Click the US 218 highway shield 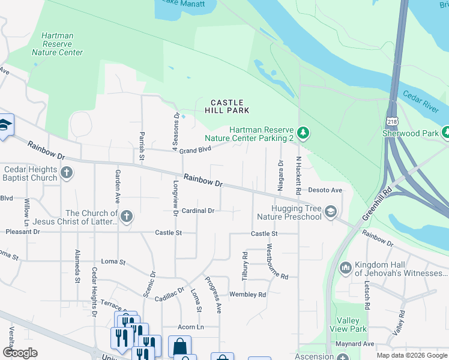[x=392, y=121]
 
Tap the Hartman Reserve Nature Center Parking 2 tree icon [x=304, y=132]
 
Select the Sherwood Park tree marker [x=446, y=131]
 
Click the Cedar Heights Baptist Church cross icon [x=66, y=173]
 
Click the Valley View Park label [x=348, y=325]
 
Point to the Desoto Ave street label [x=325, y=190]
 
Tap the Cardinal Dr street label [x=198, y=211]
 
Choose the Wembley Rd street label [x=247, y=295]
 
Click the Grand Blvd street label [x=196, y=150]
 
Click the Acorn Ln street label [x=191, y=327]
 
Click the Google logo [x=19, y=353]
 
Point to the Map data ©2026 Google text [x=411, y=355]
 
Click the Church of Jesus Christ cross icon [x=126, y=216]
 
